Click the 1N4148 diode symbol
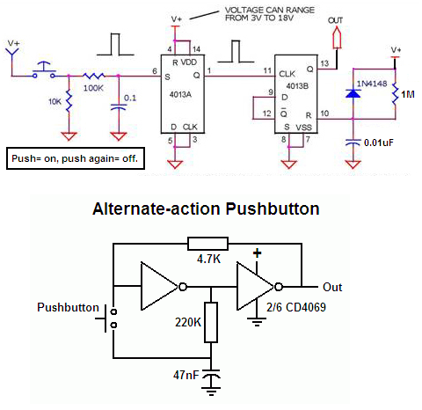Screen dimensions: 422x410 353,93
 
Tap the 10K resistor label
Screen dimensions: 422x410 55,101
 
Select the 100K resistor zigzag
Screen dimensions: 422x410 93,76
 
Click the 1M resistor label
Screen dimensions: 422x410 408,94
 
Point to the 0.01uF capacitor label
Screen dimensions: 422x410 379,143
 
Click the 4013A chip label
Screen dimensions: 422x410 180,94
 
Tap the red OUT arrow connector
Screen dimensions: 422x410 338,37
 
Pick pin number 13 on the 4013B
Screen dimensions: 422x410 324,63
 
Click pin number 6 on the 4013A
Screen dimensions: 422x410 155,71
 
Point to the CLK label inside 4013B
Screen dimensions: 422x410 287,74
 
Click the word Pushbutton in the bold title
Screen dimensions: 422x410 273,209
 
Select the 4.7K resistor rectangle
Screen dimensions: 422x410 207,244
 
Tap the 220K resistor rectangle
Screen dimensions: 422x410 211,322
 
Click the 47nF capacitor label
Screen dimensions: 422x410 186,375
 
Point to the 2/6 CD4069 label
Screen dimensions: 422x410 296,307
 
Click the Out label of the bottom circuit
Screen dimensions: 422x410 332,287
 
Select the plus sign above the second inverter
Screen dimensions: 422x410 257,253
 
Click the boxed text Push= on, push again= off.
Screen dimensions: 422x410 75,158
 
